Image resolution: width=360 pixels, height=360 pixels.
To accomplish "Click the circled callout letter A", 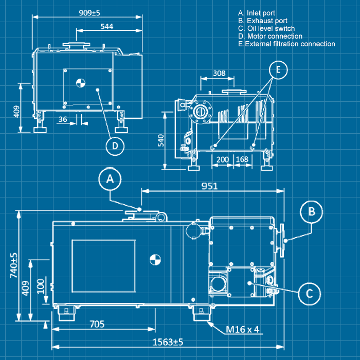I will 110,179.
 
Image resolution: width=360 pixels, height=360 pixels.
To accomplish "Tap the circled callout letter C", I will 310,293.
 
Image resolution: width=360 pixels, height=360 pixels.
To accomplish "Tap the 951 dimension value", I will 209,186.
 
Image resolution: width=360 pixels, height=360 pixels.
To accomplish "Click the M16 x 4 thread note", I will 242,329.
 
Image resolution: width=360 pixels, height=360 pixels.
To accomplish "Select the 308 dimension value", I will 219,73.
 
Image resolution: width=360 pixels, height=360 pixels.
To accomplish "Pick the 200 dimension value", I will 223,159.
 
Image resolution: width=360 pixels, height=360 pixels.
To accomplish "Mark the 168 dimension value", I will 242,159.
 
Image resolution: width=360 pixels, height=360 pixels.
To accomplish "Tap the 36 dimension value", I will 63,119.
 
